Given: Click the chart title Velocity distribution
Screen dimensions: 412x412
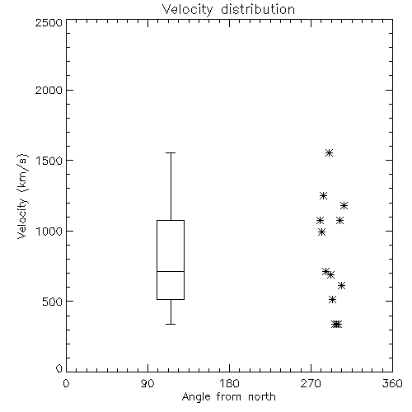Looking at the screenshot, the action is coord(228,9).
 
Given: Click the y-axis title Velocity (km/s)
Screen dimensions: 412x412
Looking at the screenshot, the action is coord(22,196).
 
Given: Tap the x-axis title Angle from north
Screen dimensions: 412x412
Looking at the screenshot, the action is coord(228,396).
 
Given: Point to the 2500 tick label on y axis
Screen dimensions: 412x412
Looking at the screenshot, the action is coord(49,22).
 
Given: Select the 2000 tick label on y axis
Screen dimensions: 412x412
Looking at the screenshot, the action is coord(49,90).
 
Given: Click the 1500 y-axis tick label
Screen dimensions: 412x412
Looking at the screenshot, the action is coord(49,161).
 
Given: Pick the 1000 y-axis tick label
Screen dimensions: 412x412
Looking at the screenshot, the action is coord(49,231).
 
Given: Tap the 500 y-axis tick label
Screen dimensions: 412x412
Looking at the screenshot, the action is coord(53,302).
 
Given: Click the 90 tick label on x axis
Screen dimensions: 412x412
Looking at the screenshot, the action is coord(147,383).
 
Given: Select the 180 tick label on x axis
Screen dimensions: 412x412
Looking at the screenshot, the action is coord(229,383).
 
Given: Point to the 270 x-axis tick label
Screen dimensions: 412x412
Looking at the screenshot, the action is coord(311,383).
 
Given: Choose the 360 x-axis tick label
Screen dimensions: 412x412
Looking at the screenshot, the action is coord(392,383).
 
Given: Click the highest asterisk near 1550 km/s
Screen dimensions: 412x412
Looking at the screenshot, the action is coord(330,153).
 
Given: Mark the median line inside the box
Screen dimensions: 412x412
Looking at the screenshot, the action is coord(171,271).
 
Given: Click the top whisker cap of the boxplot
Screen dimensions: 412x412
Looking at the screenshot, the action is coord(171,152).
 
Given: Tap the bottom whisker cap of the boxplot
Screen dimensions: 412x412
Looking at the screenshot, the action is coord(171,324).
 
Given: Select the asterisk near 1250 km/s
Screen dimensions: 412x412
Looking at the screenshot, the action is coord(323,195).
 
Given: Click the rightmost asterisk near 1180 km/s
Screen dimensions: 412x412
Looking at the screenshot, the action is coord(344,205).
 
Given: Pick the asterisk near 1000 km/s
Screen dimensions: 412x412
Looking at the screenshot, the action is coord(322,232).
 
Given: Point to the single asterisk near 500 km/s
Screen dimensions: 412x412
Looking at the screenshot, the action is coord(333,299).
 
